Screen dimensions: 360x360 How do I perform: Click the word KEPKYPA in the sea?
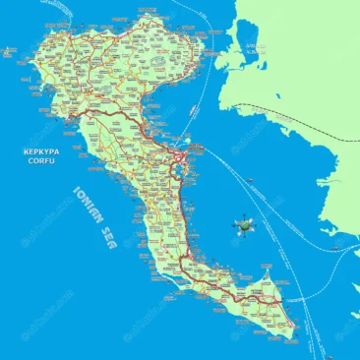pos(41,151)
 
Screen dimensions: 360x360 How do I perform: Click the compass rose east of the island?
pos(243,226)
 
